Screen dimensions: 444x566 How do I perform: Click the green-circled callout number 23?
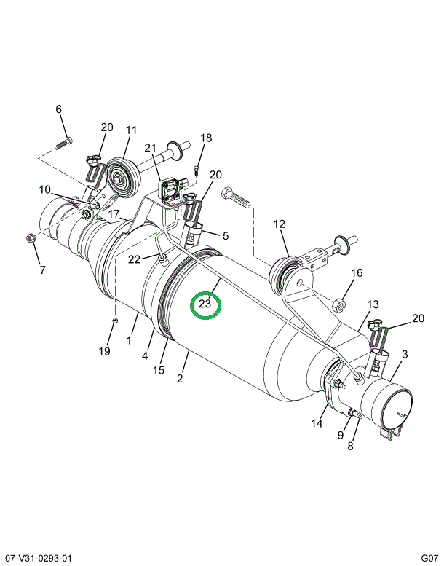pos(205,304)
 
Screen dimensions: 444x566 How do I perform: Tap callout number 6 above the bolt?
pos(58,109)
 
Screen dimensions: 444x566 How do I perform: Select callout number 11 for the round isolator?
pos(131,130)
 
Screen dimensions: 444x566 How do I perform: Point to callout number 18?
pos(206,138)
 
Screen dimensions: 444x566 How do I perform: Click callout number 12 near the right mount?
pos(280,224)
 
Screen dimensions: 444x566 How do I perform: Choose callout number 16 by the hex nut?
pos(357,272)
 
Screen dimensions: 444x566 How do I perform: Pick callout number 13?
pos(373,304)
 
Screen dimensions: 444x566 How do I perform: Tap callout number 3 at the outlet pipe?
pos(404,354)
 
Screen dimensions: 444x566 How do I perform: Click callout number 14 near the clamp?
pos(317,422)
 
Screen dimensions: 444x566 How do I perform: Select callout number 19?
pos(104,351)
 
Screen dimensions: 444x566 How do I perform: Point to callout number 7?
pos(42,270)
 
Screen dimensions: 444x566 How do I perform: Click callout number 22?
pos(134,259)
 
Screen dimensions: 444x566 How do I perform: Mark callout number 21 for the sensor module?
pos(150,148)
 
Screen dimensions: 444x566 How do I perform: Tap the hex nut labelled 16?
pos(339,306)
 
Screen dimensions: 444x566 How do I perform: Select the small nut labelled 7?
pos(30,238)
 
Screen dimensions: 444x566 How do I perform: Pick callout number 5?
pos(226,236)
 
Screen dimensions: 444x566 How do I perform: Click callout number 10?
pos(45,189)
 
